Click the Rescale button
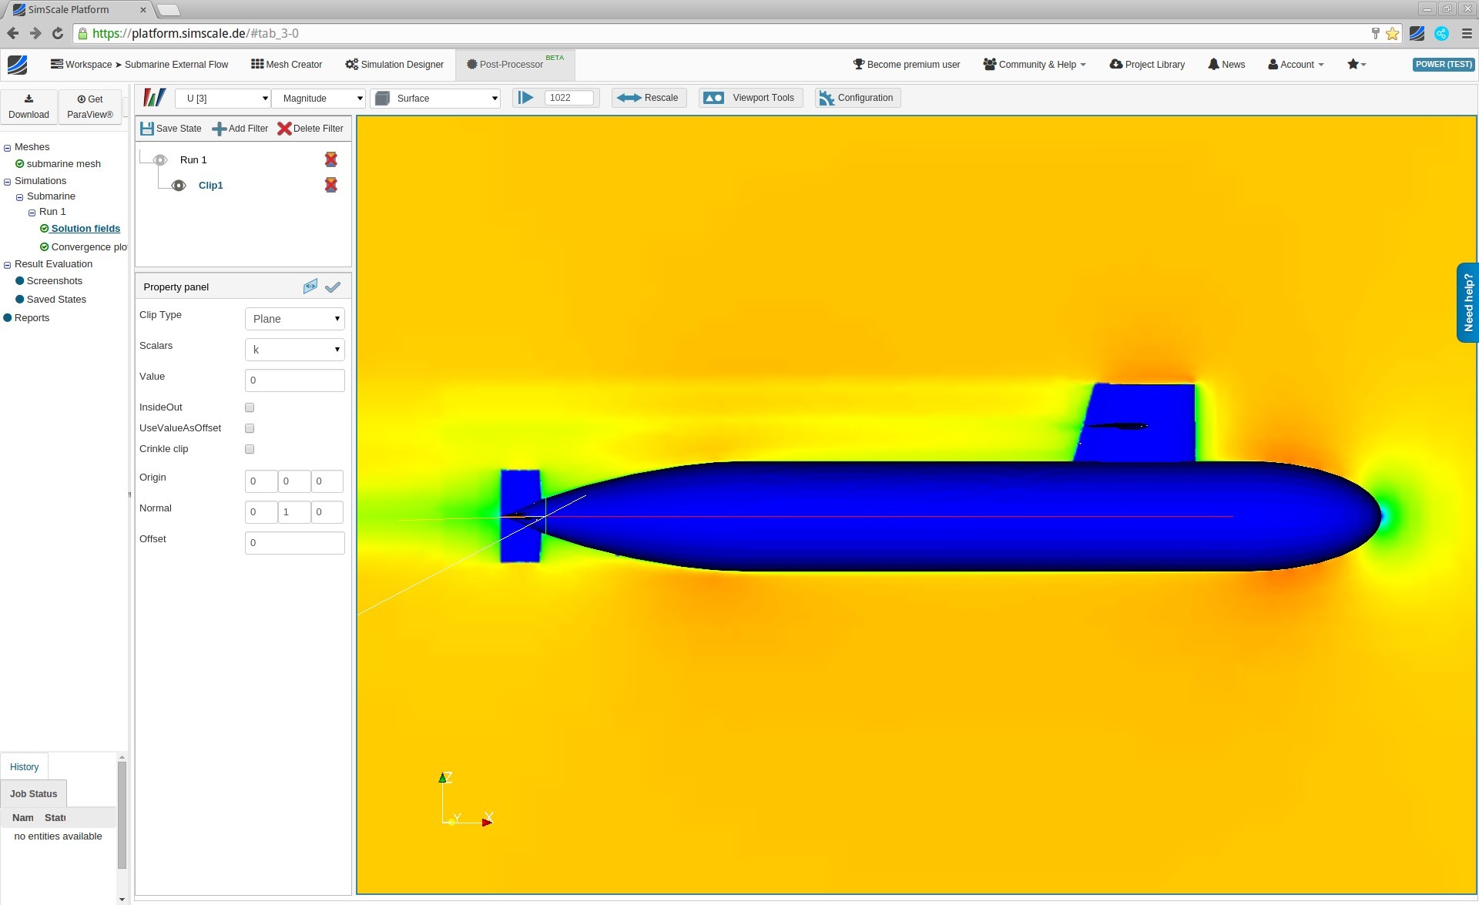point(649,98)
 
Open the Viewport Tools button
point(750,98)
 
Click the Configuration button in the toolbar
point(857,98)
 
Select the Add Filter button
point(240,129)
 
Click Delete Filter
point(310,129)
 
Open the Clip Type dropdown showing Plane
point(294,319)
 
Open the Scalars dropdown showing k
point(294,350)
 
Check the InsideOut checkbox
point(250,407)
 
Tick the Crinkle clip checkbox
point(250,449)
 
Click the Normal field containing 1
point(293,512)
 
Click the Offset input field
point(294,543)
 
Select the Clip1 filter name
point(210,186)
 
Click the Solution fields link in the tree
point(86,229)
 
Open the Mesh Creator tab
point(287,65)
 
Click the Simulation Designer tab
point(394,65)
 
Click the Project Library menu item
point(1147,65)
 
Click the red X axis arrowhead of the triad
point(487,823)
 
